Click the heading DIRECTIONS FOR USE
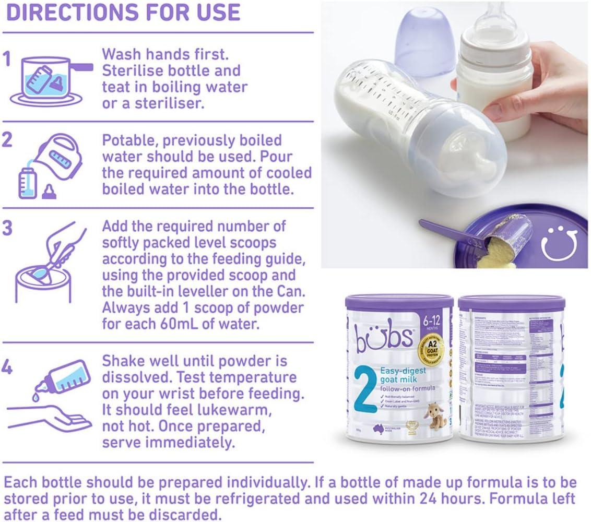(123, 13)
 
